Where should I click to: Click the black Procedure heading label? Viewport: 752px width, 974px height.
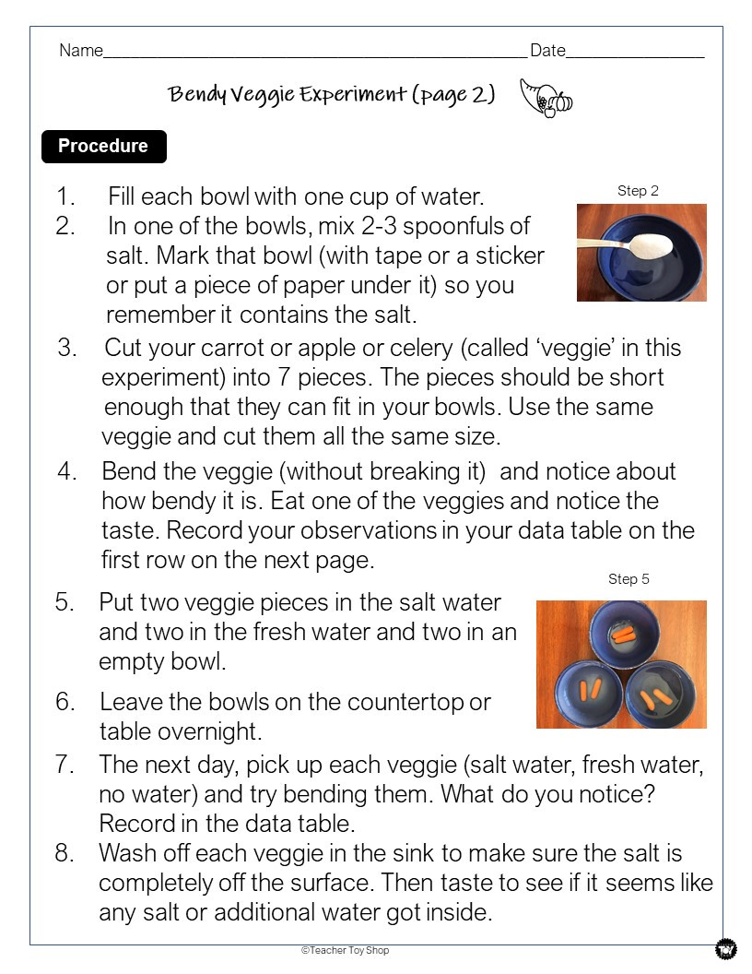[103, 147]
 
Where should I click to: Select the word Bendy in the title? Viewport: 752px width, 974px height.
[196, 95]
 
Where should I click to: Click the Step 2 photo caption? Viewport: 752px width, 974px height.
[638, 191]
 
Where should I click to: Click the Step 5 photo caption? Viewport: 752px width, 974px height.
[629, 579]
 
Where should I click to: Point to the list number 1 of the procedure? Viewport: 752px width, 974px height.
[65, 196]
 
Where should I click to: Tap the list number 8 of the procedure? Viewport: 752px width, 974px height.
[63, 853]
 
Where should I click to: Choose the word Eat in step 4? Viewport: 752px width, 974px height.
[367, 501]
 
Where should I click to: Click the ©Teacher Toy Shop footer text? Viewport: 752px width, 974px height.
[345, 950]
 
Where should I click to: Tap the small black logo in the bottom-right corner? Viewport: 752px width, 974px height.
[725, 949]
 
